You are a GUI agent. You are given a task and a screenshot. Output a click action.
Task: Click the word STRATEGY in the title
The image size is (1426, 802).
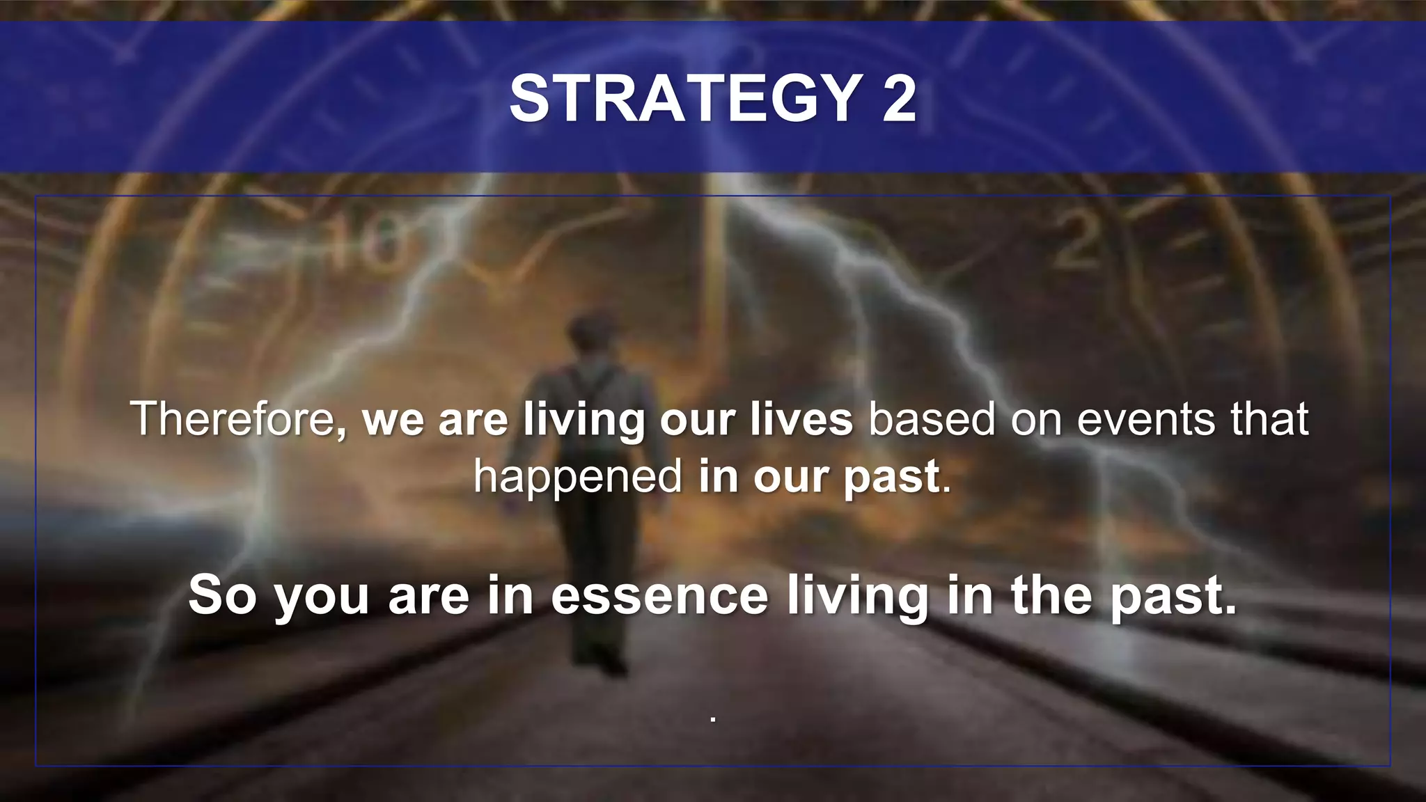click(x=686, y=99)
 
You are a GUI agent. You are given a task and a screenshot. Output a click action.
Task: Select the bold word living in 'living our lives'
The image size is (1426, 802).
click(x=583, y=420)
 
